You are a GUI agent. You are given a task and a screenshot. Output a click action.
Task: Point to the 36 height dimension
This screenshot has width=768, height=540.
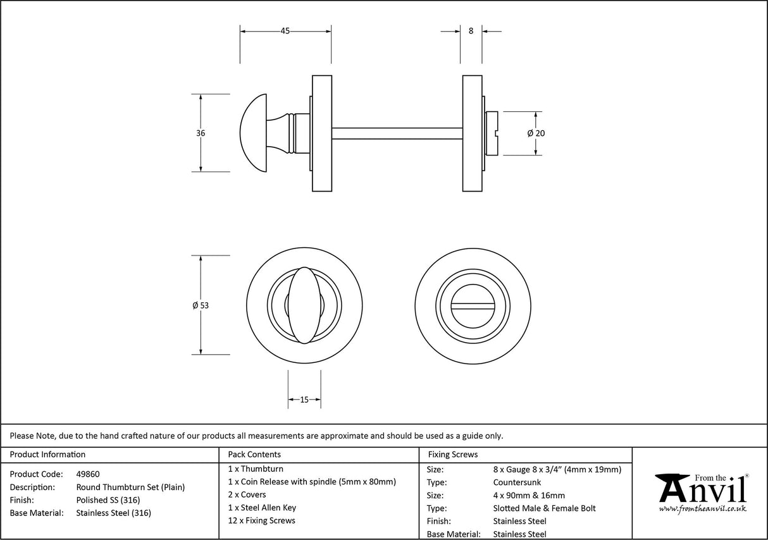[x=201, y=133]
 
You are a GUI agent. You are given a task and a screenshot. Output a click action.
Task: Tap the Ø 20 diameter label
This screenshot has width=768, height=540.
[x=536, y=133]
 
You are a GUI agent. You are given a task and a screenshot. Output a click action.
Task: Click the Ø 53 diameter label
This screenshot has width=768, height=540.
[x=201, y=305]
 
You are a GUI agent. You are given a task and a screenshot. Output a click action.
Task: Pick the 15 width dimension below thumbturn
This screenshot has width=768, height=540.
[x=304, y=400]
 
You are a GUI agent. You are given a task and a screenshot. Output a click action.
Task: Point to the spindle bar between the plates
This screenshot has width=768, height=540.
[x=397, y=133]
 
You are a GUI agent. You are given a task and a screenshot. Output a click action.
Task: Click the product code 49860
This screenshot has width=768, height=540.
[x=88, y=474]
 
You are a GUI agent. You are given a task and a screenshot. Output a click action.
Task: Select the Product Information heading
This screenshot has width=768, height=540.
[x=48, y=455]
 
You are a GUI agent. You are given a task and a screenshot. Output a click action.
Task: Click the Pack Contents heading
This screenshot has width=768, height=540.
[x=254, y=455]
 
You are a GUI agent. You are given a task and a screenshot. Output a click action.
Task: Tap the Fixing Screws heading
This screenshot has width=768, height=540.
[x=453, y=455]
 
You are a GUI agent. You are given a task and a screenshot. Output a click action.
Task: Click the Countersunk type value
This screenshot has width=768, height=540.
[x=517, y=482]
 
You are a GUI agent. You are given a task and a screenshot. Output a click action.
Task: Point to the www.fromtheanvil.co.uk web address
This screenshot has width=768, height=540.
[x=702, y=509]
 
